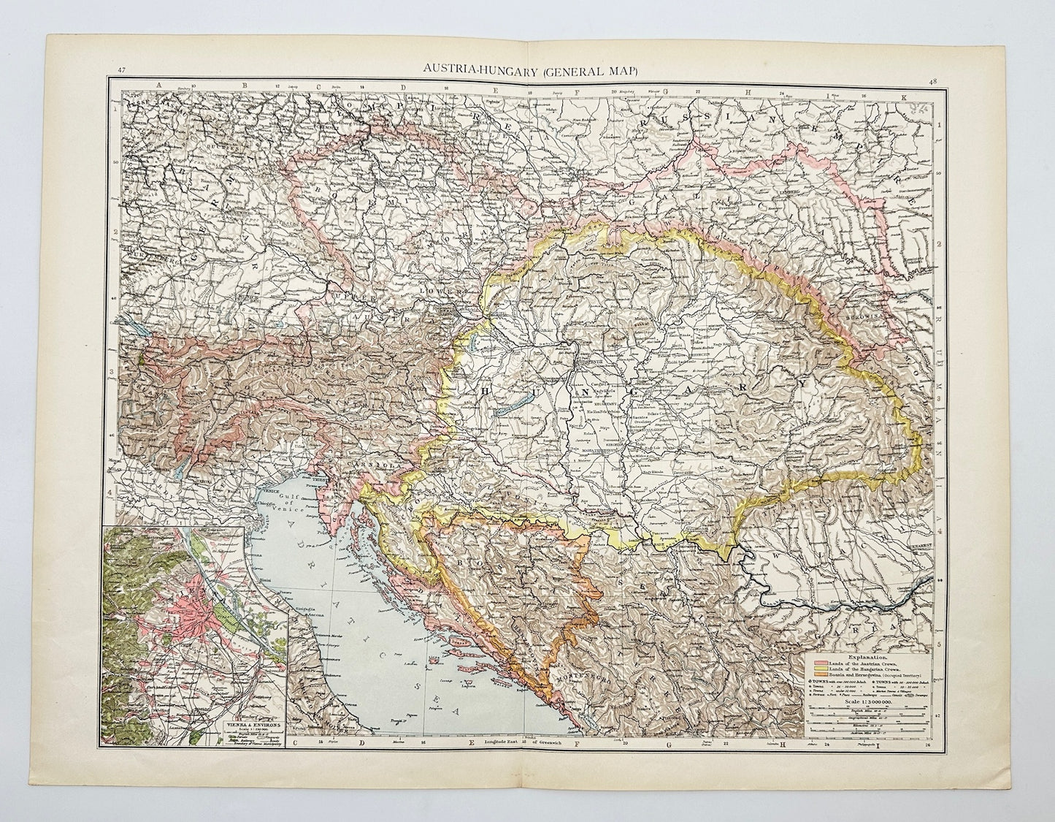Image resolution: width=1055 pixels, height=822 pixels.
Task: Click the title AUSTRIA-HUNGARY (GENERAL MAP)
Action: (x=531, y=70)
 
